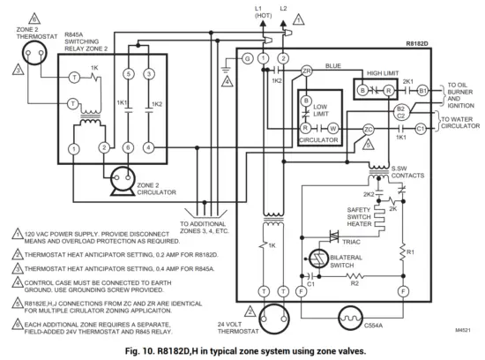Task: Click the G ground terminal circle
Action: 247,58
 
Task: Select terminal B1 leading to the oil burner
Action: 422,89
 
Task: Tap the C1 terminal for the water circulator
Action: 422,129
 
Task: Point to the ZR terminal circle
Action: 307,71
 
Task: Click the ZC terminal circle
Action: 369,129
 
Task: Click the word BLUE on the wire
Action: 334,64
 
